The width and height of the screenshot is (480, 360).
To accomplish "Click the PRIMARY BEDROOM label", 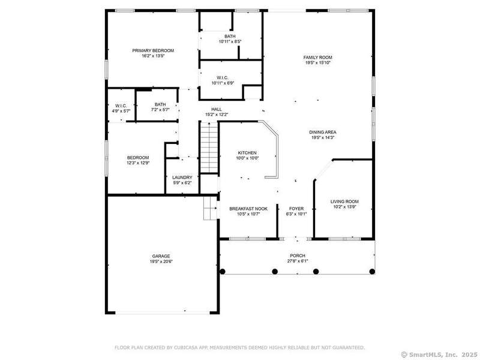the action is click(153, 50).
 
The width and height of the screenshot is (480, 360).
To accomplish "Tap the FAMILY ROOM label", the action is click(318, 57).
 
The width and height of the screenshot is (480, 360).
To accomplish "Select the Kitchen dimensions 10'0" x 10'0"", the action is click(247, 158).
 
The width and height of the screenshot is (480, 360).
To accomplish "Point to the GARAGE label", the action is click(161, 256).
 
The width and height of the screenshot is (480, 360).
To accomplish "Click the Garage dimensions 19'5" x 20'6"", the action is click(161, 262).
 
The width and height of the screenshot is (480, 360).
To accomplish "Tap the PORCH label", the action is click(298, 256).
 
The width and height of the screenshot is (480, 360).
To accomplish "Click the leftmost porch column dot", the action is click(223, 272).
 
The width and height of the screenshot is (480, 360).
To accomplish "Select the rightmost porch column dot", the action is click(372, 272).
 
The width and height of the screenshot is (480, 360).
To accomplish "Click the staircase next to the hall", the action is click(209, 147).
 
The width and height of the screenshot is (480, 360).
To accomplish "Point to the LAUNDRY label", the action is click(182, 178).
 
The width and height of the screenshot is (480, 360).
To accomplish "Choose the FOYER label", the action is click(296, 208).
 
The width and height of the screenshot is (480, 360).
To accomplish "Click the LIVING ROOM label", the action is click(344, 202).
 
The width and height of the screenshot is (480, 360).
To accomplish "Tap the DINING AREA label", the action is click(323, 132).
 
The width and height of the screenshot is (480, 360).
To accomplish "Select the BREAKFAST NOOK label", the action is click(248, 209).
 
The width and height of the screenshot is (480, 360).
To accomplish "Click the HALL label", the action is click(217, 109).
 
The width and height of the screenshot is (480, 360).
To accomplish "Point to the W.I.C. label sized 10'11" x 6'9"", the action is click(223, 78).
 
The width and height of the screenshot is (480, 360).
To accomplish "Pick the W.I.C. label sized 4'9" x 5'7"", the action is click(121, 106).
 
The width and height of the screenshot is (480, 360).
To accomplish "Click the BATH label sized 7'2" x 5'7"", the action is click(160, 104).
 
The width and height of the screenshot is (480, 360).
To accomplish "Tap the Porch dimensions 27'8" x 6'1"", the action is click(298, 261).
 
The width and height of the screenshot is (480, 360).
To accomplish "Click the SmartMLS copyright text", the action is click(439, 355).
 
